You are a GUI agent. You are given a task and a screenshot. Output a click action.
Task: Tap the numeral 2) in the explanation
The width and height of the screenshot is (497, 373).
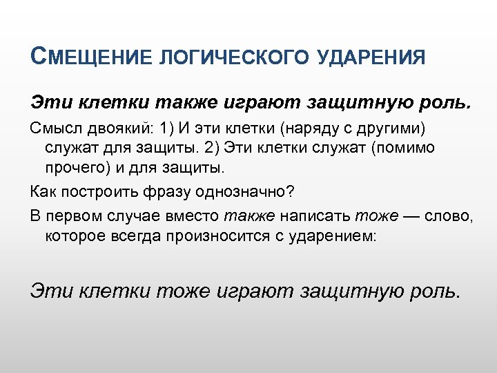(226, 148)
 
